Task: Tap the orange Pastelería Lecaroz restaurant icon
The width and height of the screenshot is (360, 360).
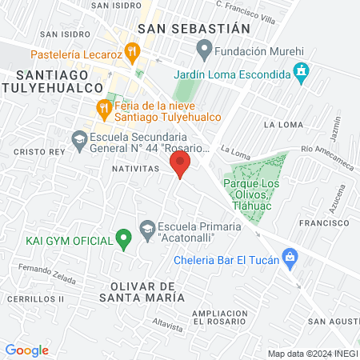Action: (x=133, y=54)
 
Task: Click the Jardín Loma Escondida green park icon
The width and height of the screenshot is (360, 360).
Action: (x=180, y=73)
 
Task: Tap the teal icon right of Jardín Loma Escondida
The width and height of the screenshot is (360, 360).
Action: (x=301, y=73)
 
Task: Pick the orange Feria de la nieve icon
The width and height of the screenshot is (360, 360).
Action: (x=103, y=107)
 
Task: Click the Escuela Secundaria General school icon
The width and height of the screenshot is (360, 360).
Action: (x=79, y=141)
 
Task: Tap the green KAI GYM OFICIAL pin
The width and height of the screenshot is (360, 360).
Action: (x=123, y=238)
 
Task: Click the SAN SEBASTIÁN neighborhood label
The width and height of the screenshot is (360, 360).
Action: (x=194, y=28)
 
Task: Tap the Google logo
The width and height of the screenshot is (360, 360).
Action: (x=27, y=350)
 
